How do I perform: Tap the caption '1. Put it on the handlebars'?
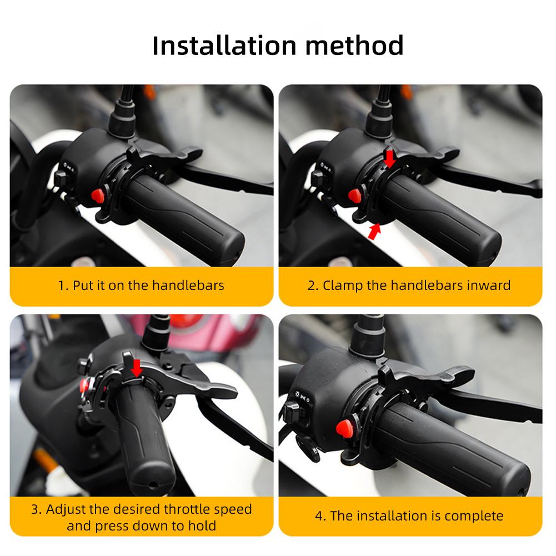(141, 285)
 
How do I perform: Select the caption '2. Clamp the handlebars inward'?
(409, 285)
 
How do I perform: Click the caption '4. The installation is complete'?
(409, 515)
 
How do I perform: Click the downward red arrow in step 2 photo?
(390, 158)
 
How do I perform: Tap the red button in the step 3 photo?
(86, 384)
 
